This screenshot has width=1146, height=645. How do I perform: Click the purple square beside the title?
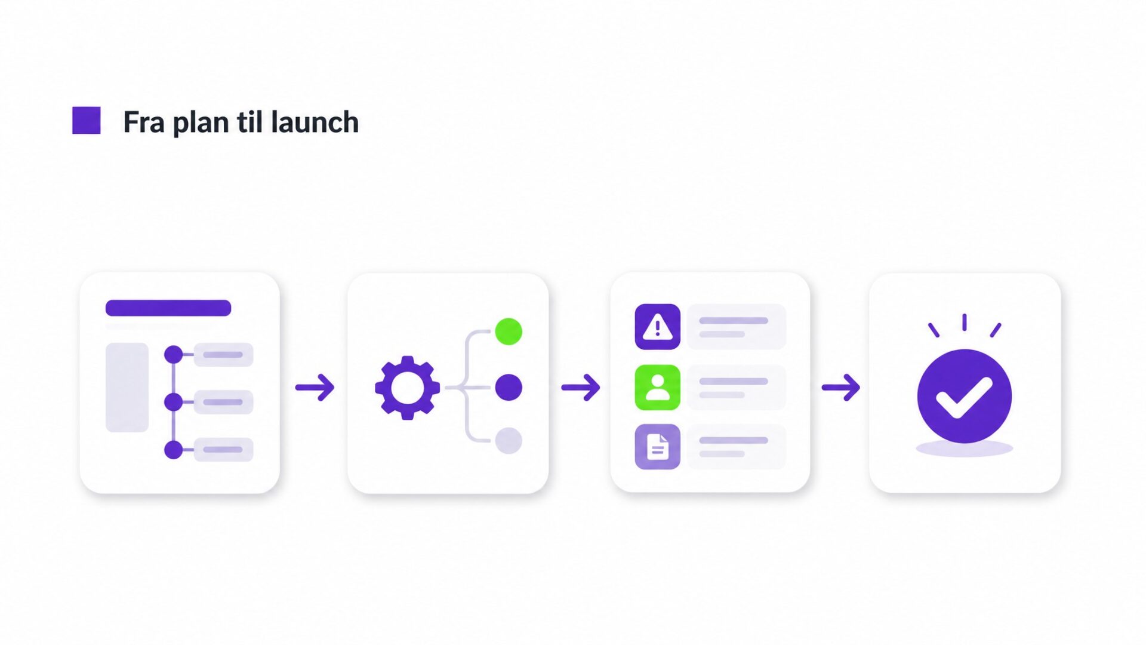click(87, 121)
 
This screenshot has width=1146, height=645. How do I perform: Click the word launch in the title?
click(315, 122)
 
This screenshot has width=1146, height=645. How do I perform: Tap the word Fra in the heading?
click(144, 122)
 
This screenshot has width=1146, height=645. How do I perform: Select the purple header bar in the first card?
click(168, 308)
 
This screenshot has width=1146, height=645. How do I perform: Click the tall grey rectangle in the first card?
click(127, 387)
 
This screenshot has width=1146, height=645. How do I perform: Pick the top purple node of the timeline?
click(173, 354)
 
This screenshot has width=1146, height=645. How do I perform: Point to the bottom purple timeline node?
click(173, 450)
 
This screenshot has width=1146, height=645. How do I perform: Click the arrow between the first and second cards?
click(315, 388)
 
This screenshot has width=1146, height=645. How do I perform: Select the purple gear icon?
click(408, 388)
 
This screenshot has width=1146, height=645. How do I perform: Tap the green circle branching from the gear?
click(509, 331)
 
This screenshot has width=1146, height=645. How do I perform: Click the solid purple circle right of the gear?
click(509, 388)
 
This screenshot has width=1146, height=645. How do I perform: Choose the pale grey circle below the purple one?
click(509, 441)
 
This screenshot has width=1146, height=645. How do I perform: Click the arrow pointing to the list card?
click(581, 388)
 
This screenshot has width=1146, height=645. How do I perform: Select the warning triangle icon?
click(658, 327)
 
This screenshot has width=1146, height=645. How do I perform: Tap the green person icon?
click(658, 388)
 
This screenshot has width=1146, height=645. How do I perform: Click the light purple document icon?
click(658, 447)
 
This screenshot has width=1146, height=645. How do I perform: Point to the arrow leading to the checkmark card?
click(841, 388)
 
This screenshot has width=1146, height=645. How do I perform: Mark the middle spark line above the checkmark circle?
click(965, 322)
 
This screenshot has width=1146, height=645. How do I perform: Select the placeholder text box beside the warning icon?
click(737, 327)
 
